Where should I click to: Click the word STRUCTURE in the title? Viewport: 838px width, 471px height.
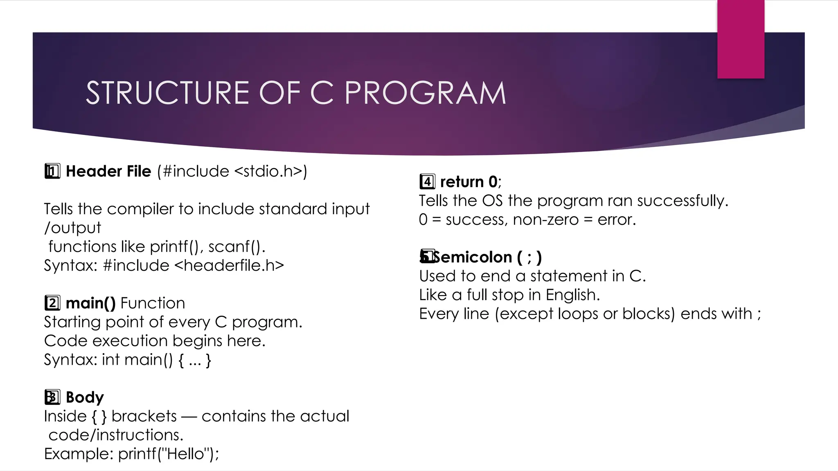pos(168,93)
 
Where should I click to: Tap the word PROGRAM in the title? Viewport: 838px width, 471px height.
pos(425,93)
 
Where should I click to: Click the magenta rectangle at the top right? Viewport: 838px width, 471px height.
pos(741,39)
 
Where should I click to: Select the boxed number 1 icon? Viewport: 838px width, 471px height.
pos(52,171)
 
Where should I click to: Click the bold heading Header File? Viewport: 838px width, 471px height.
pos(108,171)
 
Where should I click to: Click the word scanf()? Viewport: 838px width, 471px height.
pos(237,247)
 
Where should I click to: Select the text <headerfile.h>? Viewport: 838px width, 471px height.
pos(229,265)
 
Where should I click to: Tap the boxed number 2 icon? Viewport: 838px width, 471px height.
pos(52,303)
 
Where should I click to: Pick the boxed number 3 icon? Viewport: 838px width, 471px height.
pos(52,397)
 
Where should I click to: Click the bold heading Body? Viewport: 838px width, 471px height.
pos(85,397)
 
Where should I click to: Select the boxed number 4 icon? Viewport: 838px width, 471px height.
pos(427,182)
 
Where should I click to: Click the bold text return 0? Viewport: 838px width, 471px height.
pos(469,182)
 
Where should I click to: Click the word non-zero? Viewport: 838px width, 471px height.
pos(546,220)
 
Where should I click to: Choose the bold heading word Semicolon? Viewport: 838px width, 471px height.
pos(472,257)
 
